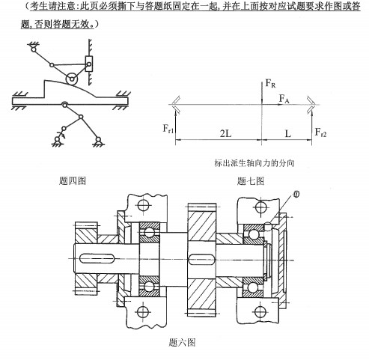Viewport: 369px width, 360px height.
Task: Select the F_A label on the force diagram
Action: click(284, 98)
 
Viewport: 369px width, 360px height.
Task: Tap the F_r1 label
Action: click(171, 130)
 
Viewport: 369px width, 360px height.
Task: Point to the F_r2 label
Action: click(320, 132)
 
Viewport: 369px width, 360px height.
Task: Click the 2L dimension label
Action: click(225, 132)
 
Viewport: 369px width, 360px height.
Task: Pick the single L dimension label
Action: click(288, 132)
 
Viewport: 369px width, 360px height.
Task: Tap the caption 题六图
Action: click(183, 342)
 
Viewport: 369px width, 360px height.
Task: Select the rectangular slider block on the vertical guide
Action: click(90, 64)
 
